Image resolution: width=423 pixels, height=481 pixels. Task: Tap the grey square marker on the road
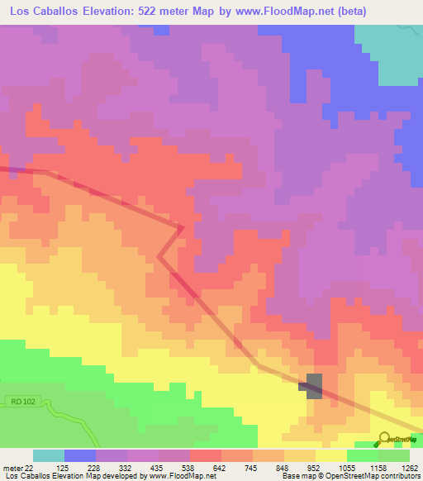pos(315,385)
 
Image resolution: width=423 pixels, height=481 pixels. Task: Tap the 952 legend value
pos(315,468)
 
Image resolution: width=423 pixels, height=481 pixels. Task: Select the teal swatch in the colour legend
pos(49,455)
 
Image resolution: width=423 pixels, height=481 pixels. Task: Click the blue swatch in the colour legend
pos(80,455)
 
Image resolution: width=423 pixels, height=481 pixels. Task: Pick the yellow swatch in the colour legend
pos(330,455)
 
